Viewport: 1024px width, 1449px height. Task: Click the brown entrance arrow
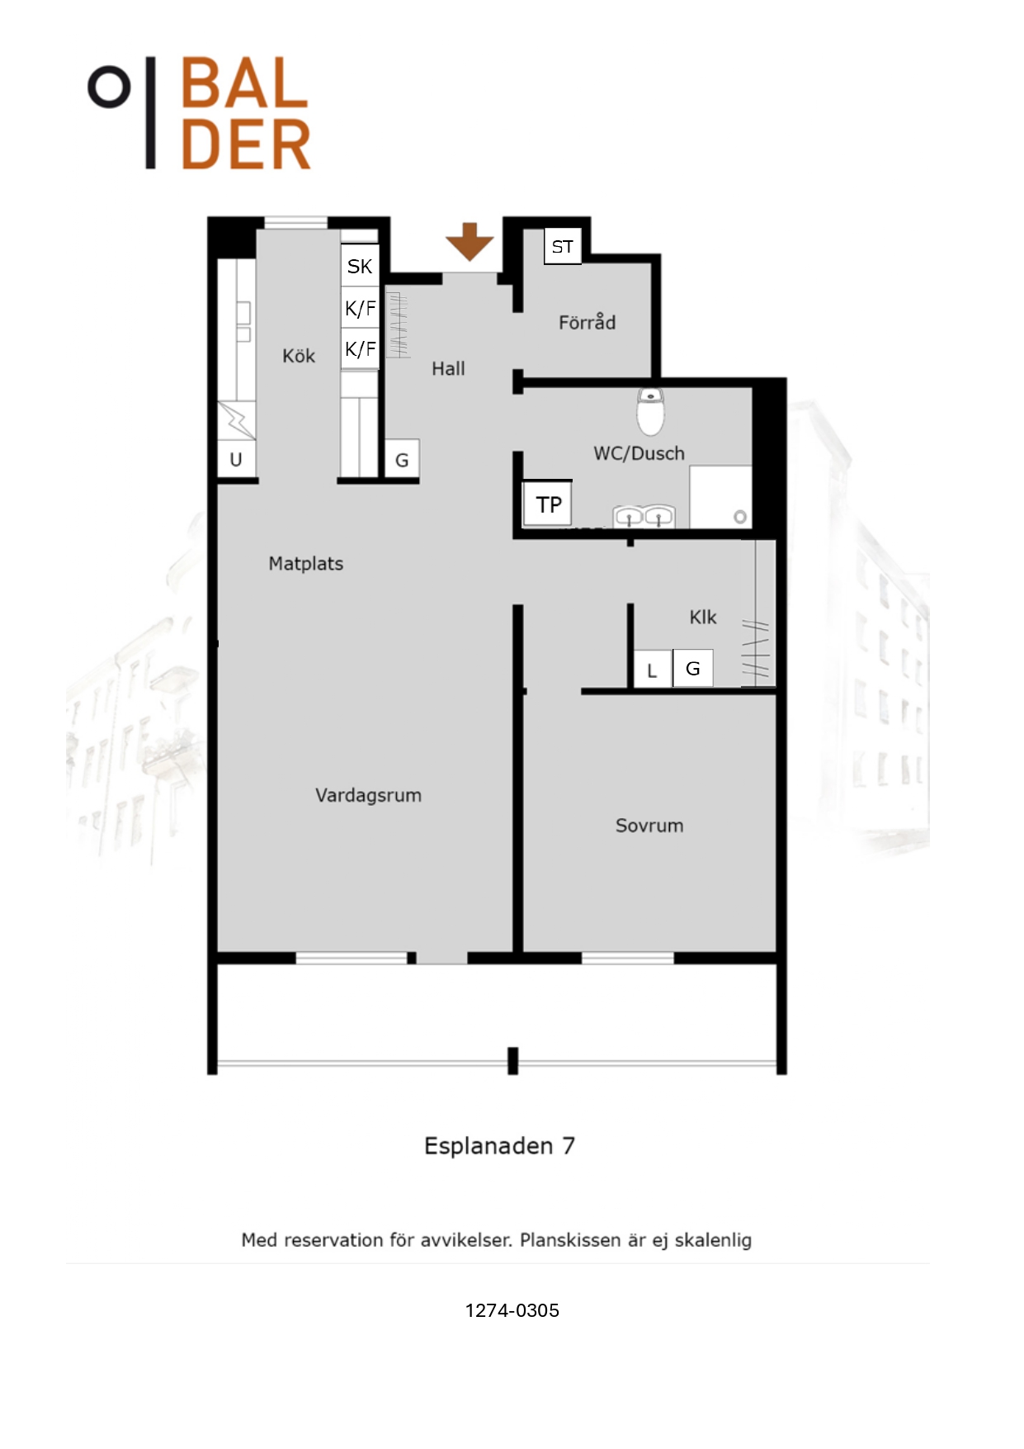[x=470, y=241]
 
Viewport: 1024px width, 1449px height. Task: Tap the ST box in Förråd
[x=563, y=246]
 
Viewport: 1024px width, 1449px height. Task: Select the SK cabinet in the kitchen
[x=360, y=266]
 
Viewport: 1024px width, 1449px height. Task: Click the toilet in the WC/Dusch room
[x=651, y=411]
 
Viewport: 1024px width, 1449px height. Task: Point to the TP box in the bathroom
[x=548, y=504]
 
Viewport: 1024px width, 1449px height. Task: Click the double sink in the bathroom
[x=644, y=517]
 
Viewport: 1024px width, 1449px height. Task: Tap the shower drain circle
[x=740, y=517]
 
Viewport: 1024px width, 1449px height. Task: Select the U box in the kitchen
[x=236, y=459]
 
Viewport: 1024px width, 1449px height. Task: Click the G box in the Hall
[x=402, y=459]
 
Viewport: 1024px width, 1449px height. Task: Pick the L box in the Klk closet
[x=652, y=670]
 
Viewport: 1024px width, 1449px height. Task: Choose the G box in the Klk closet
[x=693, y=668]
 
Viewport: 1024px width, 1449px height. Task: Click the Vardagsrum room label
[x=368, y=795]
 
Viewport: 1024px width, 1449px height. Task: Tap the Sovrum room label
[x=649, y=826]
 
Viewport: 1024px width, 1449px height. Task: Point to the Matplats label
[x=306, y=564]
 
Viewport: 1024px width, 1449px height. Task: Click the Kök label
[x=299, y=356]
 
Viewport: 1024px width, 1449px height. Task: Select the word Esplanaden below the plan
[x=488, y=1147]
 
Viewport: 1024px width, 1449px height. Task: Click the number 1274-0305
[x=512, y=1310]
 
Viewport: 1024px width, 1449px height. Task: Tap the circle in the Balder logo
[x=109, y=86]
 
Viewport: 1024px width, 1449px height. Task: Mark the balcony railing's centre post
[x=512, y=1060]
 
